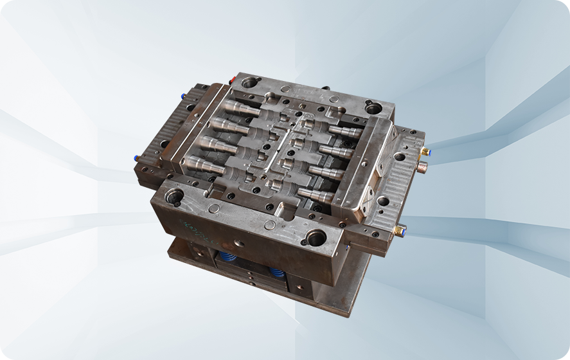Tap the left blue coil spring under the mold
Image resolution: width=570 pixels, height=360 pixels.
click(227, 258)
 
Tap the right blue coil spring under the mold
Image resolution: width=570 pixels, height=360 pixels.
click(276, 273)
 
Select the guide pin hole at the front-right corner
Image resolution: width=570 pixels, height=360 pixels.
click(316, 237)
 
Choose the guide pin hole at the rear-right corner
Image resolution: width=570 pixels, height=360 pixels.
click(373, 108)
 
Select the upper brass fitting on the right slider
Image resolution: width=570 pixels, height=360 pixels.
click(424, 151)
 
